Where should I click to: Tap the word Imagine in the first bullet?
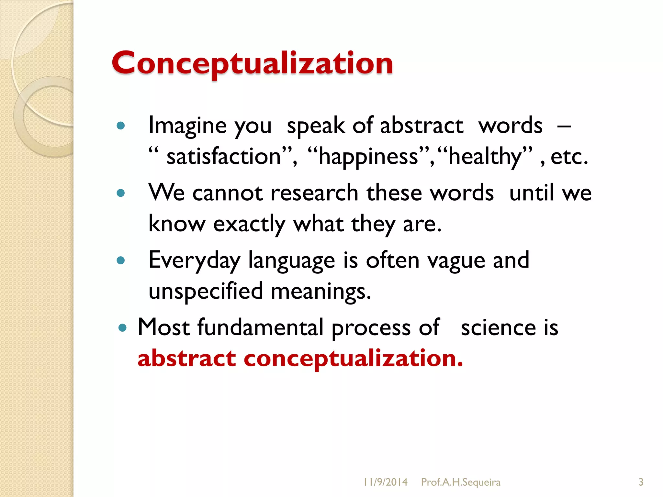click(x=187, y=126)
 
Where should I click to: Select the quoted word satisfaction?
click(x=223, y=157)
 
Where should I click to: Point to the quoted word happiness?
click(x=368, y=157)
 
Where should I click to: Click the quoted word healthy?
click(x=485, y=157)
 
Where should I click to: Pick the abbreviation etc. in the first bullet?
click(x=569, y=157)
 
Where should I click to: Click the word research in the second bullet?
click(x=314, y=193)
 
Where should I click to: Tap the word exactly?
click(x=249, y=224)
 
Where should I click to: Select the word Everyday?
click(x=194, y=260)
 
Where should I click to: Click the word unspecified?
click(x=206, y=291)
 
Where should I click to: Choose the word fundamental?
click(x=260, y=327)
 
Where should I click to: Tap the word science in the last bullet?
click(x=498, y=328)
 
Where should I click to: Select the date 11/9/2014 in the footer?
click(x=385, y=482)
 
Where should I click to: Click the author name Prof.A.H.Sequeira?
click(x=461, y=482)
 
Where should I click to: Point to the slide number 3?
click(x=641, y=482)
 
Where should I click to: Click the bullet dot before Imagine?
click(x=121, y=126)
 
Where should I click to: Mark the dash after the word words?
click(x=564, y=126)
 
